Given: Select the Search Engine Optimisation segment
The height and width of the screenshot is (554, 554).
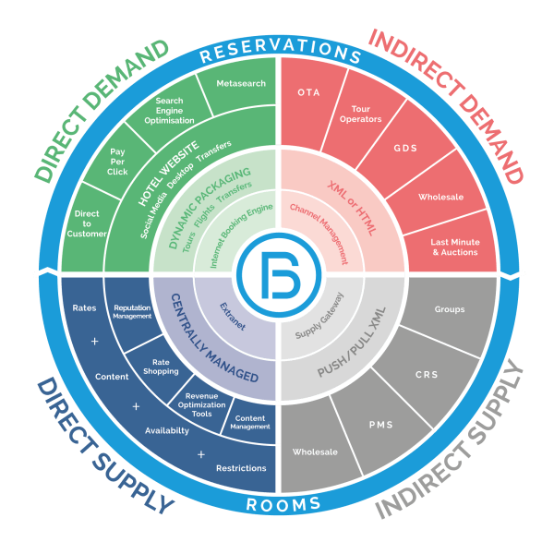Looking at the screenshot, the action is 169,110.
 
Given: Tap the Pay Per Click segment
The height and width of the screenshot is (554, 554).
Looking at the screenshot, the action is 117,162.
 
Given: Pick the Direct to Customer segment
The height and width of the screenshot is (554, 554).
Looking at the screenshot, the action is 87,224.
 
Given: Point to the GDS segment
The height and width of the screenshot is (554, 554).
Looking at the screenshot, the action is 406,149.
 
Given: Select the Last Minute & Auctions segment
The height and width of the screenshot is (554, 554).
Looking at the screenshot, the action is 454,247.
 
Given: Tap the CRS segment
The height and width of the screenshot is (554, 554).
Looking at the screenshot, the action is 427,375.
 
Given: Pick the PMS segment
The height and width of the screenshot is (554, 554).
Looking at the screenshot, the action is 380,426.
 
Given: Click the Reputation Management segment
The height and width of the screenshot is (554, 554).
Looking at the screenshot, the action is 132,312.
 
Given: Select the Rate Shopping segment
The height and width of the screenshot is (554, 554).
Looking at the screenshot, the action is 161,367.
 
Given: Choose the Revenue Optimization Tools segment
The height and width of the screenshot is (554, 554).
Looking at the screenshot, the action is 201,405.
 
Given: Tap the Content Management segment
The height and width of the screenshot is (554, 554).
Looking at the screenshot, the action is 250,422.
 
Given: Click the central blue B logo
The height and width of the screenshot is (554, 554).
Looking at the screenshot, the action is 279,275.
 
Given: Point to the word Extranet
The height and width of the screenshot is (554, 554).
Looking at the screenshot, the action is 233,317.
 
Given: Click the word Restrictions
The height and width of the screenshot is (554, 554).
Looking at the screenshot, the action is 241,468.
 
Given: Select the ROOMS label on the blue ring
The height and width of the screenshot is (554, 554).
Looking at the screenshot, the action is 283,504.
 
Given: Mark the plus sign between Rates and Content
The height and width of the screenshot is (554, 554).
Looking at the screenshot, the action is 95,342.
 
